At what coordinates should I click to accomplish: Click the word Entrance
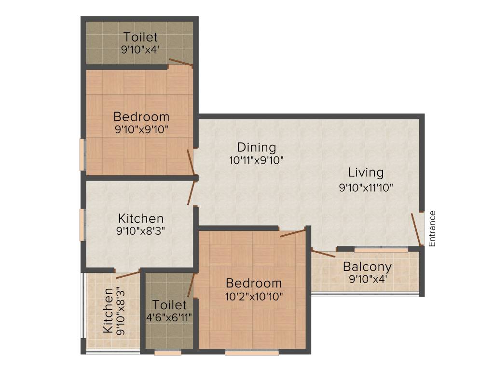click(x=432, y=228)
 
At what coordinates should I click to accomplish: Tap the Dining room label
click(x=256, y=147)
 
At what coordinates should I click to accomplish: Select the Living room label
click(x=366, y=172)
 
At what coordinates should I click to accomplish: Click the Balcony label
click(x=367, y=267)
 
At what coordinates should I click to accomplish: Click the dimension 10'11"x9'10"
click(x=256, y=160)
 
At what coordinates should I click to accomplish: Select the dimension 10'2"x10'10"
click(x=253, y=296)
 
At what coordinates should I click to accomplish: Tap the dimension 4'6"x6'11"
click(x=169, y=318)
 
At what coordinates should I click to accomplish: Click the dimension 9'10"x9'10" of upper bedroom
click(x=141, y=129)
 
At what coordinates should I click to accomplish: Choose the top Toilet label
click(x=140, y=37)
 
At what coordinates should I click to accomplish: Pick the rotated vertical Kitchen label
click(x=109, y=310)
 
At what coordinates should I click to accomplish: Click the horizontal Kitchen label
click(x=141, y=218)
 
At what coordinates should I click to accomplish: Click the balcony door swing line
click(x=323, y=253)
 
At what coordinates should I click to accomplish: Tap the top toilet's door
click(x=180, y=62)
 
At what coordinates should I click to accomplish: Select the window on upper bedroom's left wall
click(x=82, y=154)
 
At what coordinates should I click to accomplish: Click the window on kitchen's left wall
click(x=82, y=224)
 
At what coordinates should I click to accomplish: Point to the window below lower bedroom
click(x=252, y=353)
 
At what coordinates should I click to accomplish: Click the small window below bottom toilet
click(x=168, y=353)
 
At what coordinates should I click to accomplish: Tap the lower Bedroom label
click(x=253, y=283)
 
